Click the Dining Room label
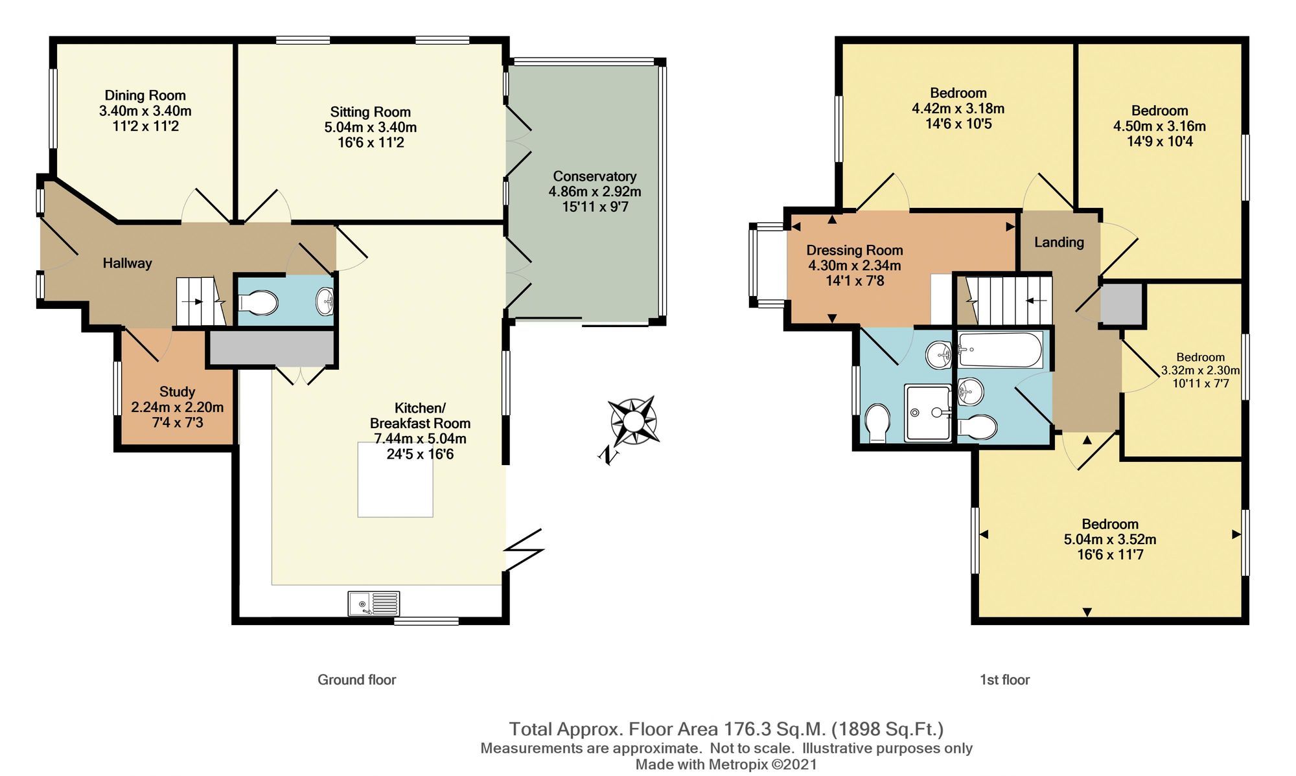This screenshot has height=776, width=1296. pos(145,96)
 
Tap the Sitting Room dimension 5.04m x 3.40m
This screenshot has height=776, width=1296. pos(370,128)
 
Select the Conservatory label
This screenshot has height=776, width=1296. pos(594,176)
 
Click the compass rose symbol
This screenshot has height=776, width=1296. pos(634,421)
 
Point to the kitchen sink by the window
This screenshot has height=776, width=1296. pos(373,603)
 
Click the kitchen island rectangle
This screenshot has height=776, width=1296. pos(395,479)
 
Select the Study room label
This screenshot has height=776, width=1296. pos(177,392)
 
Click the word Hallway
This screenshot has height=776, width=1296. pos(127,263)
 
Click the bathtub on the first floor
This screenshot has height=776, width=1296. pos(1000,350)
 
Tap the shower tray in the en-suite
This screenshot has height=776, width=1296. pos(927,413)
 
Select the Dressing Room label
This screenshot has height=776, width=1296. pos(854,250)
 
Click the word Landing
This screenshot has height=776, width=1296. pos(1058,242)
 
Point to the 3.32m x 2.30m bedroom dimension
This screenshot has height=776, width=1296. pos(1199,371)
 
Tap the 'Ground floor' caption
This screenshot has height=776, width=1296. pos(356,679)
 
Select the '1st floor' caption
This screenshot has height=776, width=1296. pos(1004,679)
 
